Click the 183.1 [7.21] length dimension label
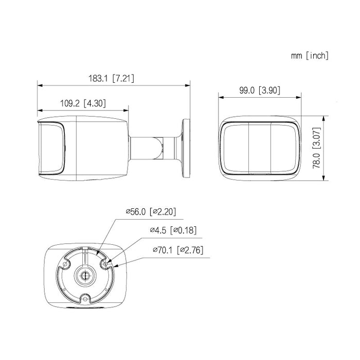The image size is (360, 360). click(x=112, y=79)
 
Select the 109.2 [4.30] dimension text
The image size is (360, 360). click(x=83, y=103)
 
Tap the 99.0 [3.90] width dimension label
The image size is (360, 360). click(x=260, y=90)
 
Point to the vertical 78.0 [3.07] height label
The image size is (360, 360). click(x=317, y=148)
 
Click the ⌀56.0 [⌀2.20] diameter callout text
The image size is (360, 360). click(x=151, y=211)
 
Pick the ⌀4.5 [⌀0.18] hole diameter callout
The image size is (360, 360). click(x=173, y=230)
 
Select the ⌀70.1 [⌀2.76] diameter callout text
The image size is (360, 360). click(x=178, y=250)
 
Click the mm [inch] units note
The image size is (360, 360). click(x=310, y=56)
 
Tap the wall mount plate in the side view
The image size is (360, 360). click(x=186, y=148)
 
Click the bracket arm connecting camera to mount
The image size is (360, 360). click(x=153, y=148)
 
